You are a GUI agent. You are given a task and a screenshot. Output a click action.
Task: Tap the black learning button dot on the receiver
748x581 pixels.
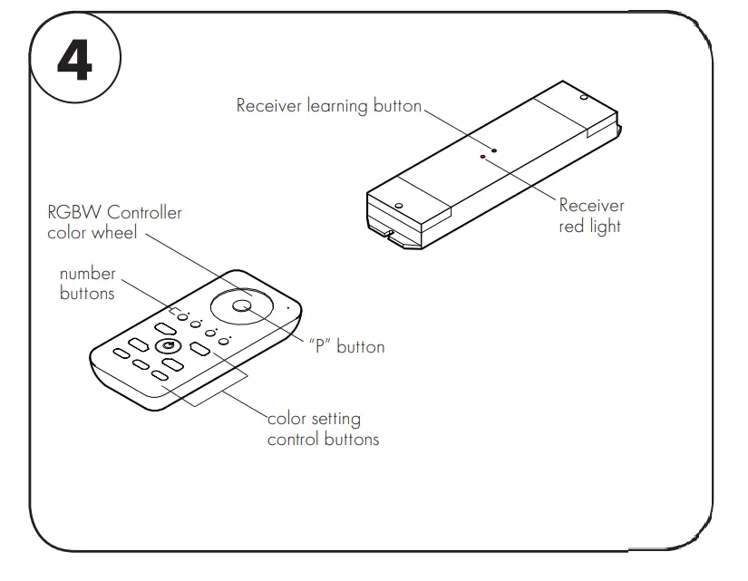[x=494, y=148]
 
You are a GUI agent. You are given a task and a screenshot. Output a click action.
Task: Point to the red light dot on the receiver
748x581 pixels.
[x=483, y=157]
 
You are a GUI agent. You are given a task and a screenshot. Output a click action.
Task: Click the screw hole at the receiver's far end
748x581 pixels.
[x=583, y=97]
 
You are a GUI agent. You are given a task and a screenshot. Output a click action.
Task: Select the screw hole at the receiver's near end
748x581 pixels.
[x=398, y=205]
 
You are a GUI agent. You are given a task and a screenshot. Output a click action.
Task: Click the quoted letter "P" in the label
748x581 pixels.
[x=318, y=347]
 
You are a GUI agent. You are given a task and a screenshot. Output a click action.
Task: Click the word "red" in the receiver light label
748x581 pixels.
[x=572, y=226]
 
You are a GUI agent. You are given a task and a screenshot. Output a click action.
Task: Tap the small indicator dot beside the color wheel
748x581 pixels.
[x=287, y=307]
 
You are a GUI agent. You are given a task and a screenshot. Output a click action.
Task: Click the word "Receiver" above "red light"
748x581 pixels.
[x=591, y=206]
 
